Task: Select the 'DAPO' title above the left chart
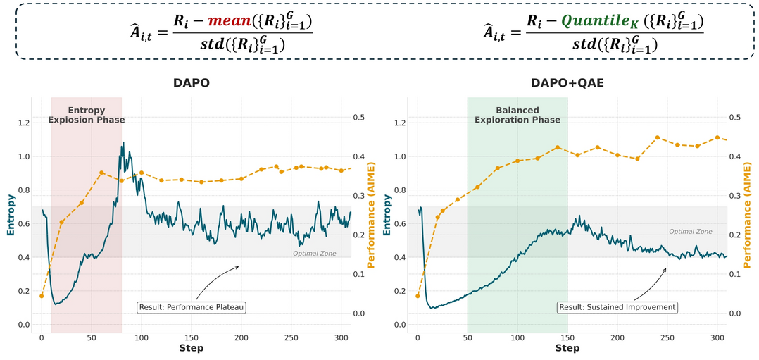192,83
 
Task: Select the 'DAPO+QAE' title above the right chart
568,83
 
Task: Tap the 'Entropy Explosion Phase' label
87,115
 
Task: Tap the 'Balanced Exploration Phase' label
517,115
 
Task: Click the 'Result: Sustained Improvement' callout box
617,307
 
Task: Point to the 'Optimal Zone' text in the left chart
314,253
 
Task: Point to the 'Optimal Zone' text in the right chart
690,231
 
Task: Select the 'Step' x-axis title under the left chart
192,348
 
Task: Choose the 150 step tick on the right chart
567,337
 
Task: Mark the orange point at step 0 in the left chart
42,296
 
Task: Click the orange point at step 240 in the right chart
658,138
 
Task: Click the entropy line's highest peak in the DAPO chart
123,143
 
